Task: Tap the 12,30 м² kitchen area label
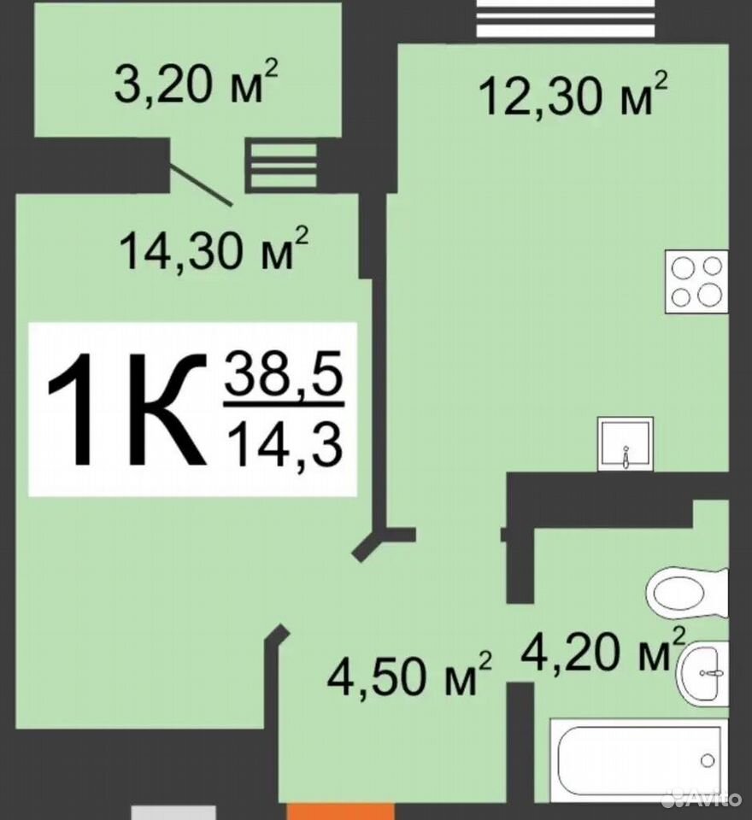[x=573, y=94]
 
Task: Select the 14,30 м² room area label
[x=214, y=249]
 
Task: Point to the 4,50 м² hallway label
[x=409, y=674]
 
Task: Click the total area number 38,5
[x=285, y=374]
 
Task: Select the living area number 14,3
[x=285, y=444]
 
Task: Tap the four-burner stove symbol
[x=696, y=282]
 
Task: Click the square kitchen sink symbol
[x=626, y=443]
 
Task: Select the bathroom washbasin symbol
[x=702, y=674]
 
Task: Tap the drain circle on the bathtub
[x=708, y=760]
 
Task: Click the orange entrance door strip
[x=340, y=812]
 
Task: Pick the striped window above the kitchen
[x=566, y=18]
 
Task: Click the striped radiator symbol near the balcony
[x=284, y=167]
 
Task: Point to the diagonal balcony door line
[x=201, y=185]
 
